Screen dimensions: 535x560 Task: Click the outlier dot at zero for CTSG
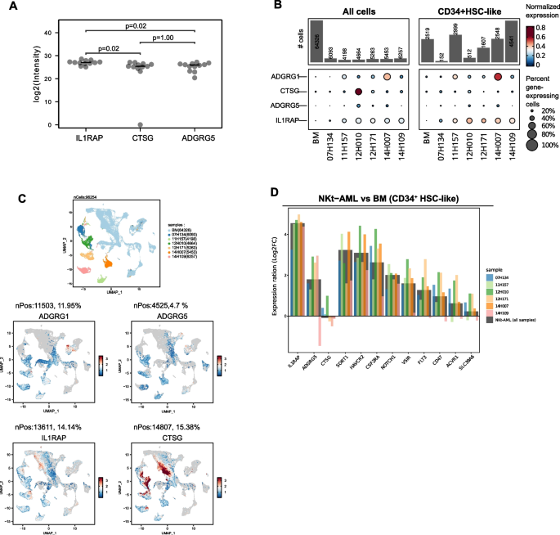click(x=141, y=125)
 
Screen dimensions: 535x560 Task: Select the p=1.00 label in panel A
click(x=164, y=38)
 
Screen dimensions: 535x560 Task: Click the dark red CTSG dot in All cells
click(x=359, y=91)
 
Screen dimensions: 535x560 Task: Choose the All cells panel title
click(x=362, y=11)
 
